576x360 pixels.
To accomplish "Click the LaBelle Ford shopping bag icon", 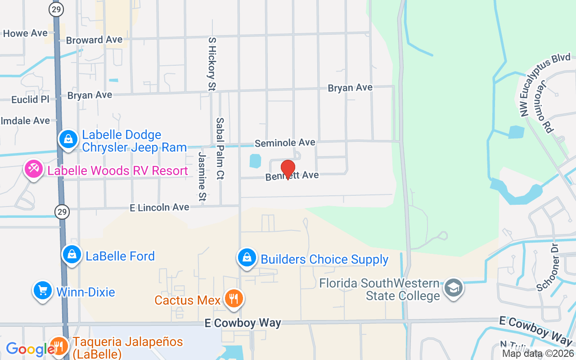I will pyautogui.click(x=72, y=255).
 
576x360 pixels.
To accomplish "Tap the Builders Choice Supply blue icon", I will pyautogui.click(x=247, y=258).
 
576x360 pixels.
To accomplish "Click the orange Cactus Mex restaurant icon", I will pyautogui.click(x=233, y=298).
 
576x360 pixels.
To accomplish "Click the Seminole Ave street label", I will pyautogui.click(x=285, y=143).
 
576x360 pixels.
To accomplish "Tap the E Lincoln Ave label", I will pyautogui.click(x=159, y=207).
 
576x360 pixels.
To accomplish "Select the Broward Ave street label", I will pyautogui.click(x=94, y=40).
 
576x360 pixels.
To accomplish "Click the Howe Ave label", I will pyautogui.click(x=25, y=33).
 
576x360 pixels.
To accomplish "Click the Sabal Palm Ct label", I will pyautogui.click(x=220, y=148).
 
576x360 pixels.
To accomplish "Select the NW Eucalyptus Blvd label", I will pyautogui.click(x=545, y=84).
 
